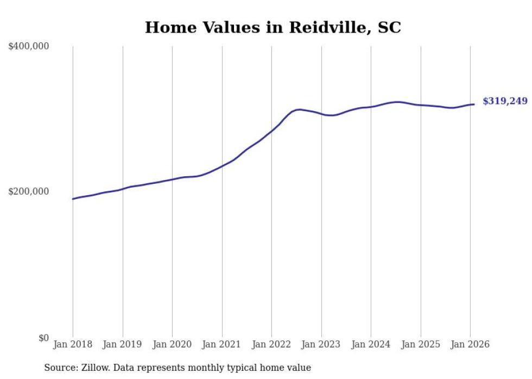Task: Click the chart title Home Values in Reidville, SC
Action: coord(273,27)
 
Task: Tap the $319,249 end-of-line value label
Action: coord(505,101)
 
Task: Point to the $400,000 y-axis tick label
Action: coord(29,47)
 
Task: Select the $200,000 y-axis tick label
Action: coord(29,191)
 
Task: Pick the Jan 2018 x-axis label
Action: coord(73,344)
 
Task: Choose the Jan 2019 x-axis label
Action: coord(123,344)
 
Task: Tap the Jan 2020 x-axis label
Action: coord(172,344)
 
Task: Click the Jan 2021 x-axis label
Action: coord(222,344)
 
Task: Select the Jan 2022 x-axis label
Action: coord(271,344)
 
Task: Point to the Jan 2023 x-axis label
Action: coord(321,344)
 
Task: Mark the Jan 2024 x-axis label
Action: coord(371,344)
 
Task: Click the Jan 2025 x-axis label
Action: coord(421,344)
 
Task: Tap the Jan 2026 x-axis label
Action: coord(470,344)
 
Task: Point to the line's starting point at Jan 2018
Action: coord(73,199)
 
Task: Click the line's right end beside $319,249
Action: coord(474,104)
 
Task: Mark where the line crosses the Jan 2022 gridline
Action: coord(271,131)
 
